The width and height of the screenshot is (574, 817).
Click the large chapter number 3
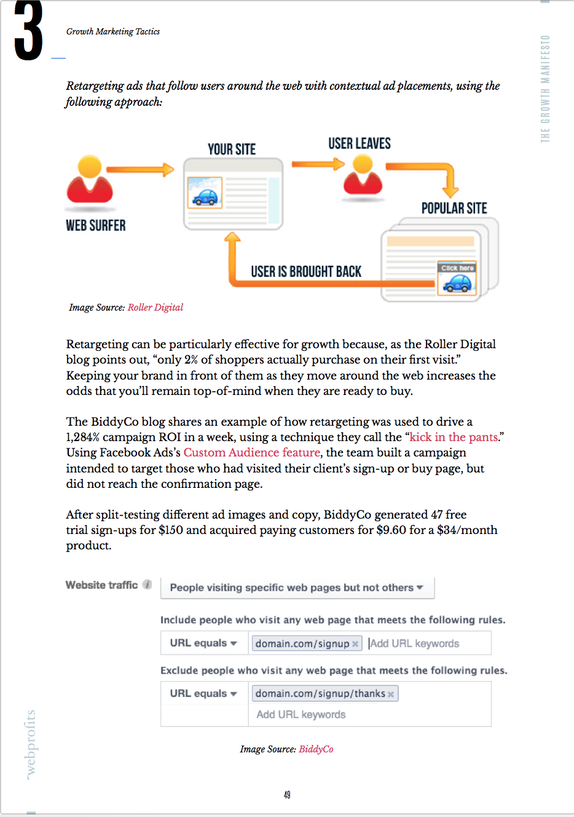click(28, 31)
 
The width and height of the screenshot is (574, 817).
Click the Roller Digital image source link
click(155, 308)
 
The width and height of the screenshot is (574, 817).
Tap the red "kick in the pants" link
click(454, 437)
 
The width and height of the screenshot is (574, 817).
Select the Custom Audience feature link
click(252, 453)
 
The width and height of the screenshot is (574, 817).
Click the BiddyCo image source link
click(316, 749)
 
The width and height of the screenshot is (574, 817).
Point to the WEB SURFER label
click(96, 226)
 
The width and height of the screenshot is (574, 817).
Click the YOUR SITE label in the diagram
click(232, 149)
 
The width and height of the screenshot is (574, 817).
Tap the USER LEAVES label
click(360, 144)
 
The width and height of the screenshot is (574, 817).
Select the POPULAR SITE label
click(454, 209)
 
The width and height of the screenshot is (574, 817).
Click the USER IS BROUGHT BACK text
click(306, 272)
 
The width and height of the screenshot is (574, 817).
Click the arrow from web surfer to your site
click(140, 170)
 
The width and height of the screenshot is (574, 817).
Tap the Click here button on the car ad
click(457, 268)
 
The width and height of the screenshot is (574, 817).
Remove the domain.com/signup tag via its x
click(355, 644)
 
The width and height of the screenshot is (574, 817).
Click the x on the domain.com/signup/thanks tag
click(391, 695)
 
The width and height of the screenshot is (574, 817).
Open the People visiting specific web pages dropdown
click(297, 588)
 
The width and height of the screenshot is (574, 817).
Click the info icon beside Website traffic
click(147, 585)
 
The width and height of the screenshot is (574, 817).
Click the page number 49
click(287, 795)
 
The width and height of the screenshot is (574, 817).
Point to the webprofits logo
click(31, 744)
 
